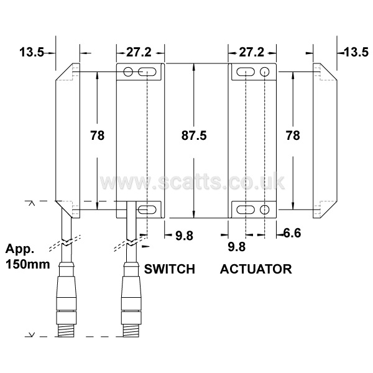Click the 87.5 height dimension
(194, 136)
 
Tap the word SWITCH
(169, 269)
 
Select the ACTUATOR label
(256, 269)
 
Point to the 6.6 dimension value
(292, 233)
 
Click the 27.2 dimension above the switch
(139, 52)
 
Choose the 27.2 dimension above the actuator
(251, 52)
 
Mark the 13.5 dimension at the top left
(32, 52)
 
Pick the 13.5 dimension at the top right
(356, 52)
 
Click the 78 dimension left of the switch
(98, 136)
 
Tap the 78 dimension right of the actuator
(293, 136)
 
